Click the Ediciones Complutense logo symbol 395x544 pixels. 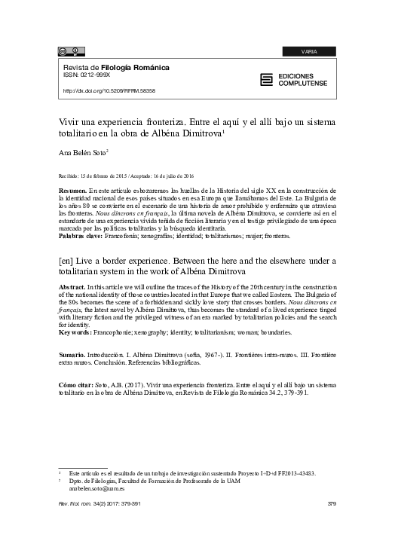(x=265, y=79)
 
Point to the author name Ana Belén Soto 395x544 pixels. (x=82, y=151)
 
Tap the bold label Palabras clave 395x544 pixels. (x=83, y=236)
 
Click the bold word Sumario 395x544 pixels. (x=72, y=353)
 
